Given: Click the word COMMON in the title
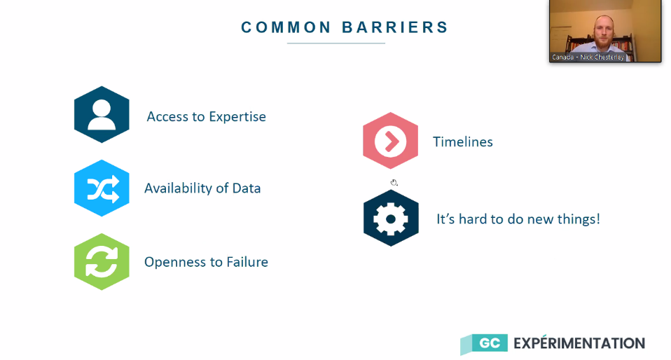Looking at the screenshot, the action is [x=286, y=27].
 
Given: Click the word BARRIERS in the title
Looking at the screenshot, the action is [x=395, y=27].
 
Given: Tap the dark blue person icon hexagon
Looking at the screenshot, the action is [x=102, y=114].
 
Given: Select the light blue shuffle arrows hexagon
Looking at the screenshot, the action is [x=102, y=188].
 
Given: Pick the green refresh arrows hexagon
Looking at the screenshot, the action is [x=102, y=261].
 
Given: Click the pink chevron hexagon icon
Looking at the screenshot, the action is [x=390, y=140].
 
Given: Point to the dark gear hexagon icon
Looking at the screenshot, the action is [x=391, y=219].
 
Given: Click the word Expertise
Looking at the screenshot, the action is [x=237, y=117].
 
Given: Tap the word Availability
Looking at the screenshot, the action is [x=178, y=188].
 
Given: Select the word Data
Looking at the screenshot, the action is [x=247, y=188].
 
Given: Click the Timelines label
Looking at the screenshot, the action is [x=462, y=141].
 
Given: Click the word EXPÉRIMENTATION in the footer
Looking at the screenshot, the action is [x=579, y=343].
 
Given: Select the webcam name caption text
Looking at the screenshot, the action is [x=588, y=57].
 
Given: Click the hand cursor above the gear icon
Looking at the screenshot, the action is [x=394, y=183].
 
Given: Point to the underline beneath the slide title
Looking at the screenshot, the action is [x=336, y=43].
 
